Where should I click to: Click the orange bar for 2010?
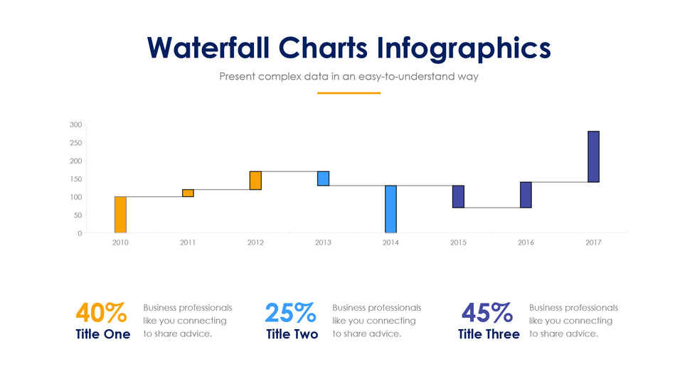(x=120, y=215)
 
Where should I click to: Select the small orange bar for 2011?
(x=188, y=193)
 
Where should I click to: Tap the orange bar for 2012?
(x=255, y=181)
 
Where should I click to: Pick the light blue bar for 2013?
(x=323, y=178)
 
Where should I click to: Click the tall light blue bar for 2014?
(x=390, y=209)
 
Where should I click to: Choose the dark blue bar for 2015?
(x=458, y=196)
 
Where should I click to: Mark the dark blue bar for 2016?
(x=526, y=195)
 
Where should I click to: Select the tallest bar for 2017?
(x=593, y=156)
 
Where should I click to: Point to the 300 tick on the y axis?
(x=76, y=125)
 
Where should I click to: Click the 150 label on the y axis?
(x=76, y=179)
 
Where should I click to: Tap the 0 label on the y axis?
(x=79, y=233)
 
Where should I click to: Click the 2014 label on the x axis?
(x=390, y=243)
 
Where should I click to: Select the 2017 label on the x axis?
(x=593, y=243)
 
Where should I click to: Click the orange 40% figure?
(x=101, y=312)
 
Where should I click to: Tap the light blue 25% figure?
(x=290, y=312)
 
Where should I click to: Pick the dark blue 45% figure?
(x=487, y=312)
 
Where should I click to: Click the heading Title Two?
(x=292, y=334)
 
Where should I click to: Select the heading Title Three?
(x=489, y=334)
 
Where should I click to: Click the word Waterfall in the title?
(x=208, y=48)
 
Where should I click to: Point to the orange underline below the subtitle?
(x=348, y=92)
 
